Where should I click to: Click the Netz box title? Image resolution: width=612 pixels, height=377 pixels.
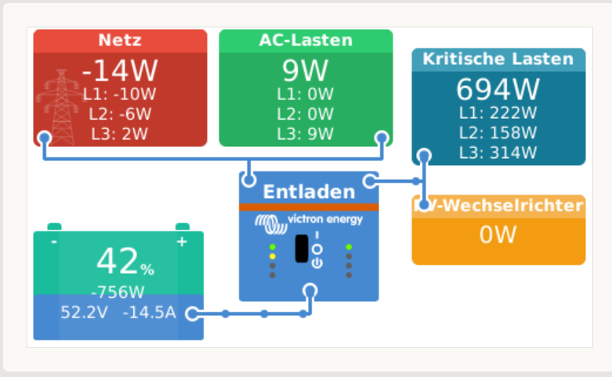coord(120,41)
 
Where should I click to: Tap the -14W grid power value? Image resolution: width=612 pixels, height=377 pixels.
coord(120,71)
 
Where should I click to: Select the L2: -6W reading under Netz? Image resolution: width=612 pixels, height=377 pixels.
coord(120,114)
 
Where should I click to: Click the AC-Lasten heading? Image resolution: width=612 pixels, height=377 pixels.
coord(306,41)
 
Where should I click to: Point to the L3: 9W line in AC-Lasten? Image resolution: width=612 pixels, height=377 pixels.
coord(306,133)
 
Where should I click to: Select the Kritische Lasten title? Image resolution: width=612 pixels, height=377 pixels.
coord(498,59)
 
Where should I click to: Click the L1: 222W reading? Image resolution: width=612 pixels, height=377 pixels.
coord(498,113)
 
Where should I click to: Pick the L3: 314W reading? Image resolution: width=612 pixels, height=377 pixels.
coord(498,152)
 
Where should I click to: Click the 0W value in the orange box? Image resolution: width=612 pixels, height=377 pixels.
coord(498,235)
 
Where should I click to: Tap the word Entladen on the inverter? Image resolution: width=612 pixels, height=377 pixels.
coord(309,192)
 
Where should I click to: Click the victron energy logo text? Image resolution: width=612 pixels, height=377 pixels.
coord(324,220)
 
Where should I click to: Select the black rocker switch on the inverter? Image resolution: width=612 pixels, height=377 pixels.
coord(302,249)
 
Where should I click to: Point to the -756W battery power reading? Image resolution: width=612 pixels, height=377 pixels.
coord(118,293)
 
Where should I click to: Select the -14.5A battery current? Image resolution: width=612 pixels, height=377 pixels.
coord(150,313)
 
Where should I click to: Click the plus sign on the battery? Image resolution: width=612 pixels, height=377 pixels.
coord(182,242)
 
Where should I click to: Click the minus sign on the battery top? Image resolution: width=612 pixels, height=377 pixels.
coord(53,242)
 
